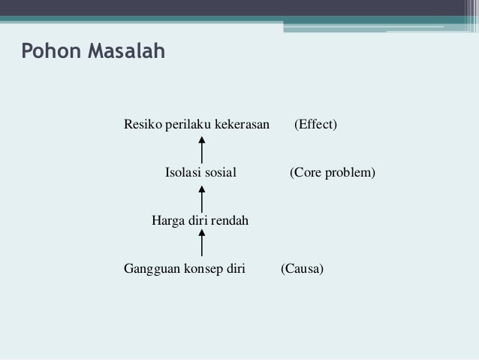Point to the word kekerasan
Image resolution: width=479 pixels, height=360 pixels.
coord(242,124)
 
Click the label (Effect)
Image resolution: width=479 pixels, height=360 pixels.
coord(315,124)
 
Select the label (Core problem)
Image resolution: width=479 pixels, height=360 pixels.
coord(333,173)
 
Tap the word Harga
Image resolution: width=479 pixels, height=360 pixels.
coord(168,221)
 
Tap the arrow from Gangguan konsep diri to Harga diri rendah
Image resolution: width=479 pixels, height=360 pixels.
coord(203,245)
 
